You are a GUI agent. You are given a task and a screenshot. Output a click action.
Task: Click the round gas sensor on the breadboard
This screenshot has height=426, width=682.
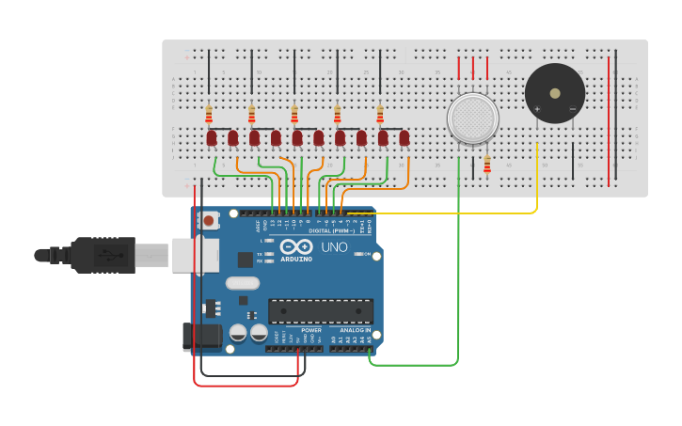click(472, 118)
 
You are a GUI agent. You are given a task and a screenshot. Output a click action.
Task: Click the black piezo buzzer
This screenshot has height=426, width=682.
click(554, 93)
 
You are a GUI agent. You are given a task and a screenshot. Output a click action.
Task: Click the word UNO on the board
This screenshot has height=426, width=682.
click(334, 247)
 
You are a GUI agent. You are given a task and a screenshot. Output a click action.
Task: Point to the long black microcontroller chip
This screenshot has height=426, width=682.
click(320, 310)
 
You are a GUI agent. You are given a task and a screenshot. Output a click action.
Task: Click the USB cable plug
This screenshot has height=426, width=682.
click(103, 255)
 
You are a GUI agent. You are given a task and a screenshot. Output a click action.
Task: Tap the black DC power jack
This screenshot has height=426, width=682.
click(201, 336)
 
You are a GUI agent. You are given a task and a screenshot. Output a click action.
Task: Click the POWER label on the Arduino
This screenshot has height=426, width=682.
click(311, 330)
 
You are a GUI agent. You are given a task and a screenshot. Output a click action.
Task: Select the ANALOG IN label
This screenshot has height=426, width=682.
click(355, 330)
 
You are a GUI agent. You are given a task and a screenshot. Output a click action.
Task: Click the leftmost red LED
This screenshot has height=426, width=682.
click(212, 138)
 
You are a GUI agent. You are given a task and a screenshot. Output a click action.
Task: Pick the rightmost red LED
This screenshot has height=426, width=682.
click(404, 138)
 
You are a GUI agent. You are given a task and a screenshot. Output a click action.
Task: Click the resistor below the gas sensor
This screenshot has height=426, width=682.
click(486, 166)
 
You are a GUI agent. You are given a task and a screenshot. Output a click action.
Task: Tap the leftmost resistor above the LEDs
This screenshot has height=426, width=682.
click(209, 115)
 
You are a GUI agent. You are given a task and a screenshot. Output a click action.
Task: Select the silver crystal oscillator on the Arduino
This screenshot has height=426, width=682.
click(242, 283)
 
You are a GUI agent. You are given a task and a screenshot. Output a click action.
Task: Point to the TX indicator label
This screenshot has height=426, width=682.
click(259, 253)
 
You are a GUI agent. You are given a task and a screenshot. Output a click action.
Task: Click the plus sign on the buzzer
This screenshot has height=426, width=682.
click(537, 109)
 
